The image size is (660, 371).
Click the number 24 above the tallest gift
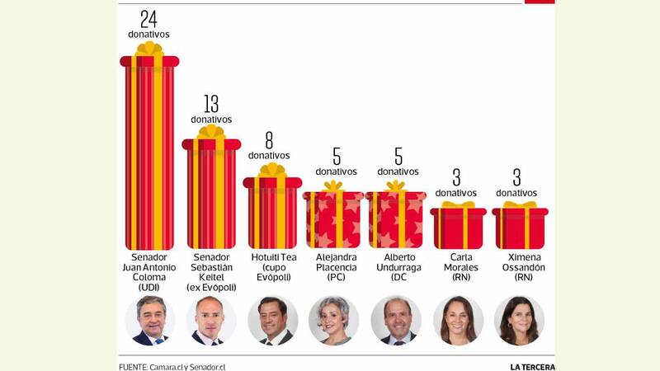coord(148,19)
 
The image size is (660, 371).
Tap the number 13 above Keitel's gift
coord(211,104)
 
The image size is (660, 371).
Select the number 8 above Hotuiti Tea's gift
coord(269,140)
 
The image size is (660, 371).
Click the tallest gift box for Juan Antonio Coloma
coord(149,153)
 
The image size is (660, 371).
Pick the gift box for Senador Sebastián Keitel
coord(211,194)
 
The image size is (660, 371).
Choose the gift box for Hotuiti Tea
coord(272,213)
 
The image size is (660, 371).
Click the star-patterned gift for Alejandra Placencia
coord(333,219)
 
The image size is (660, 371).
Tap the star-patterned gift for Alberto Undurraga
coord(396,219)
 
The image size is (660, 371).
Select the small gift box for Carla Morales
coord(459,228)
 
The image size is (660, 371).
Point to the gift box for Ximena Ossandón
coord(520,228)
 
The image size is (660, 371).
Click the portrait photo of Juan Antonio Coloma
coord(150,321)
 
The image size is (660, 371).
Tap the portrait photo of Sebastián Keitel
coord(211,321)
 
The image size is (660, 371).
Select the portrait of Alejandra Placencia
coord(334,321)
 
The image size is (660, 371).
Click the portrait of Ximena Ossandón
coord(519,321)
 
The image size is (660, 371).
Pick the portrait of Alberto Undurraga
coord(396,321)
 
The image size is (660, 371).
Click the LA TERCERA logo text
coord(532,366)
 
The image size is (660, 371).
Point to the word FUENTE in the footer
coord(133,366)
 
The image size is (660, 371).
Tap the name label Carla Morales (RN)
coord(461,267)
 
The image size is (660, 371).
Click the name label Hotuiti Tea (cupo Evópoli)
coord(273,267)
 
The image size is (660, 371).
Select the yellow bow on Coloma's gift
coord(149,49)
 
